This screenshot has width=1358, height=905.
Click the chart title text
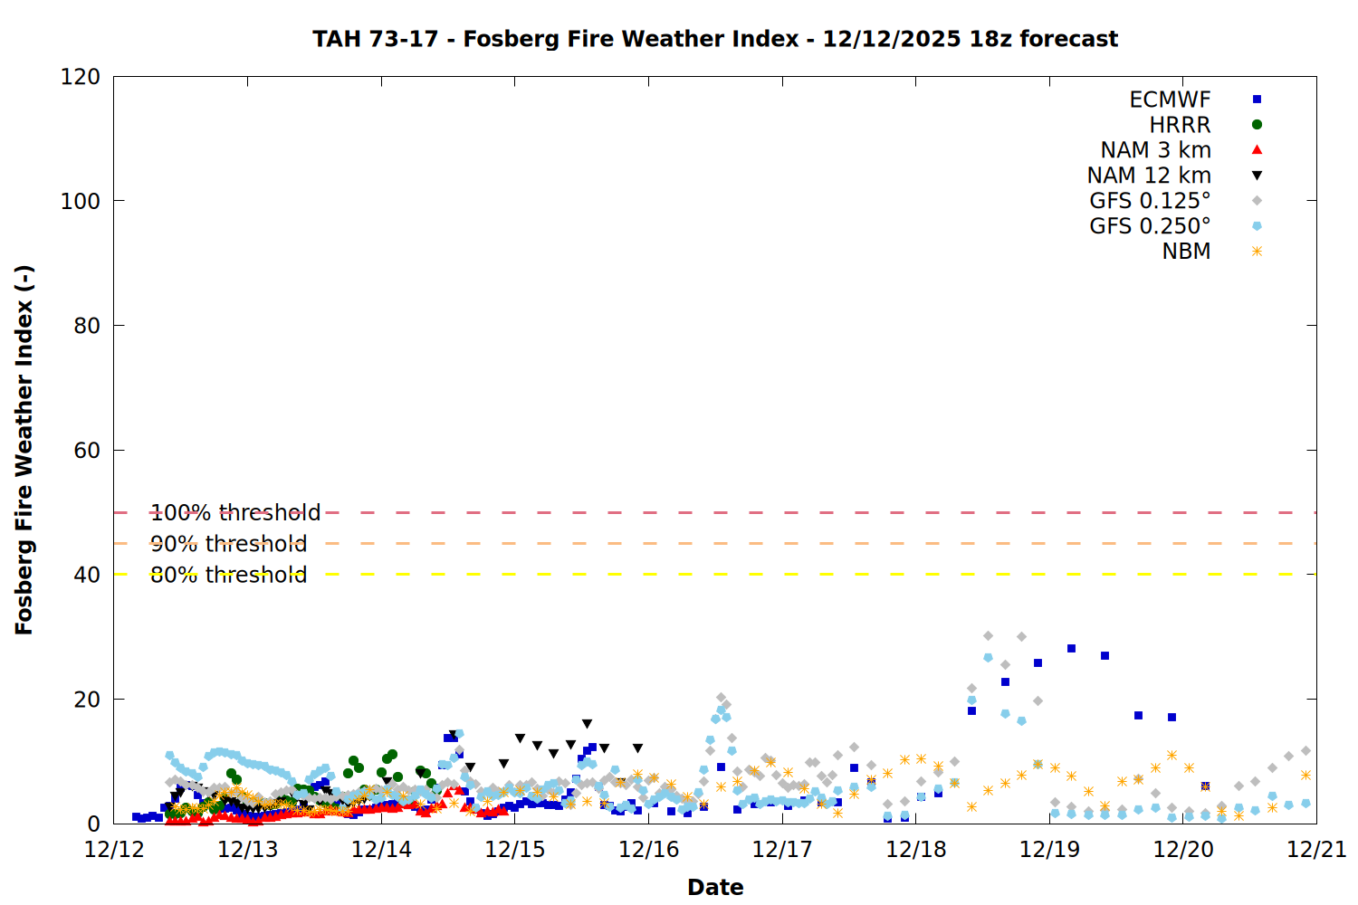[x=715, y=39]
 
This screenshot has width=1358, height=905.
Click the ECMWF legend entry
[x=1170, y=100]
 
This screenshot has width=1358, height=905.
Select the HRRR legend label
[x=1180, y=125]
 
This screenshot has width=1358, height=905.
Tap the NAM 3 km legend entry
[x=1155, y=150]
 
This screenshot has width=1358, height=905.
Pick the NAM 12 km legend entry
[x=1149, y=176]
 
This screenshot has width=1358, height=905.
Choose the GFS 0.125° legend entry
[x=1150, y=201]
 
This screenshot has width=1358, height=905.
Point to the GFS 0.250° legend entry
[x=1150, y=226]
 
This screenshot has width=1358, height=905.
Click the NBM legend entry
[x=1186, y=252]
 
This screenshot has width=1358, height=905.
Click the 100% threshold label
[x=235, y=513]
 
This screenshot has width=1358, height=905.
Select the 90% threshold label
[x=228, y=544]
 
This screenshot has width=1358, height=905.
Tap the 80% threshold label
[x=228, y=575]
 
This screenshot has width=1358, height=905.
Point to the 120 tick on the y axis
[x=81, y=77]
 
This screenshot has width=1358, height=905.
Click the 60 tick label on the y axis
[x=87, y=451]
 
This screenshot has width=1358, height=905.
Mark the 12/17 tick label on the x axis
[x=782, y=850]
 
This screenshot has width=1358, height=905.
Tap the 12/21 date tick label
[x=1316, y=850]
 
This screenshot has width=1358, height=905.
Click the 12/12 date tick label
[x=114, y=850]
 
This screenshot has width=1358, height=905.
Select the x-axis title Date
[x=715, y=887]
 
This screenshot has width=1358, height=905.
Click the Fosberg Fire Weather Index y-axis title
[x=24, y=450]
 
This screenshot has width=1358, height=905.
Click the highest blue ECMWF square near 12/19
[x=1071, y=648]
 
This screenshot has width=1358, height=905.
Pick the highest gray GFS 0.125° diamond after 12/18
[x=988, y=636]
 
